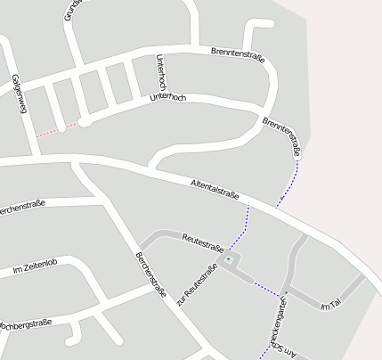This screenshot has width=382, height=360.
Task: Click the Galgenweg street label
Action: click(x=17, y=94)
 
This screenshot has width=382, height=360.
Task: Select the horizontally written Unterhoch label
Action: click(x=168, y=96)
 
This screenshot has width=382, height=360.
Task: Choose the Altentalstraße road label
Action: click(x=215, y=190)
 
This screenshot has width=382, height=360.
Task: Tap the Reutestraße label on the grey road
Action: click(x=202, y=240)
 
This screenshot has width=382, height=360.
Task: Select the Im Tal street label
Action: click(x=330, y=305)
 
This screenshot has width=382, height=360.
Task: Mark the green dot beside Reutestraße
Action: click(x=229, y=259)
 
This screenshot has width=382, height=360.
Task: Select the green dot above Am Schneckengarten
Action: click(x=286, y=293)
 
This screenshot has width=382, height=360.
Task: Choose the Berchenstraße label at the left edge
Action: click(x=21, y=210)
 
